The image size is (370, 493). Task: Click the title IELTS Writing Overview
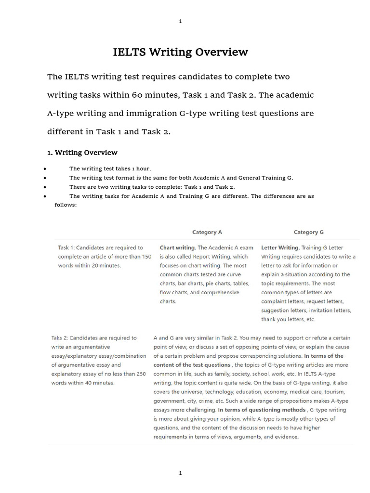pyautogui.click(x=180, y=52)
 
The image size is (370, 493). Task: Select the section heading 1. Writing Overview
pyautogui.click(x=82, y=153)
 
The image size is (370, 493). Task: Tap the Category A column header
pyautogui.click(x=207, y=232)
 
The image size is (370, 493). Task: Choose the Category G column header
pyautogui.click(x=308, y=232)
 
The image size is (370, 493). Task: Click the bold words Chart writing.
pyautogui.click(x=177, y=248)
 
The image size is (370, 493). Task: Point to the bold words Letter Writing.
pyautogui.click(x=280, y=248)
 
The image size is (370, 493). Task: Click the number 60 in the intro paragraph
pyautogui.click(x=137, y=95)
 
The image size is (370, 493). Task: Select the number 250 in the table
pyautogui.click(x=140, y=374)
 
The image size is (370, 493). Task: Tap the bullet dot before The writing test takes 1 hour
pyautogui.click(x=44, y=169)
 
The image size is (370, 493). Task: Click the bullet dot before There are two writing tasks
pyautogui.click(x=44, y=187)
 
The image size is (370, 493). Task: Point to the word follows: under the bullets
pyautogui.click(x=66, y=205)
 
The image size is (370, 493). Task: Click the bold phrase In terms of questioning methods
pyautogui.click(x=262, y=410)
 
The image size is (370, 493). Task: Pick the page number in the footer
pyautogui.click(x=180, y=473)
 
